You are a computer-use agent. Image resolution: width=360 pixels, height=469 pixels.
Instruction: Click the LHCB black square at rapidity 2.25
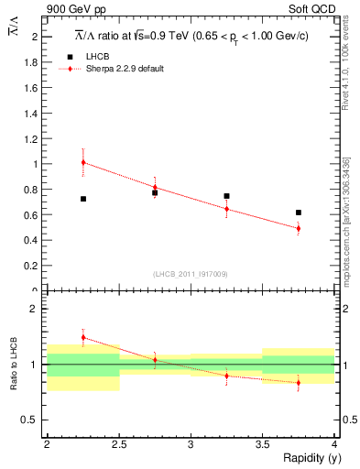pyautogui.click(x=82, y=199)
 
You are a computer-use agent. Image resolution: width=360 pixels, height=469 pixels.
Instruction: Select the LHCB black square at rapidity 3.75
pyautogui.click(x=299, y=213)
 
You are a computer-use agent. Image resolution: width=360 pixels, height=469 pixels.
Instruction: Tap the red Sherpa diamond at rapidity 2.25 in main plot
pyautogui.click(x=82, y=162)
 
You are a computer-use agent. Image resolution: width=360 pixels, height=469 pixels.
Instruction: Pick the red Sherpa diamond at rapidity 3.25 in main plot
pyautogui.click(x=226, y=209)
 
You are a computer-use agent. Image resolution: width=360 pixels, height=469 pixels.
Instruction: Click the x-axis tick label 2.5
pyautogui.click(x=118, y=444)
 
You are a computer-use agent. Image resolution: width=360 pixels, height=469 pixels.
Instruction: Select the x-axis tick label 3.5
pyautogui.click(x=262, y=444)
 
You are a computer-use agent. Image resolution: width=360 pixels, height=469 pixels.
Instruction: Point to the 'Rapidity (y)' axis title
pyautogui.click(x=308, y=458)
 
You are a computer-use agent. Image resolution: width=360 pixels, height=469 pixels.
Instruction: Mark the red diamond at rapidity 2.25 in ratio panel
pyautogui.click(x=82, y=337)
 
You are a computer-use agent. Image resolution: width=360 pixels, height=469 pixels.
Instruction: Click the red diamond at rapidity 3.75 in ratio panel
pyautogui.click(x=299, y=383)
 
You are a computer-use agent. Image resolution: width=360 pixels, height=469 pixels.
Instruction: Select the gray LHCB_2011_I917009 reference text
pyautogui.click(x=191, y=274)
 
